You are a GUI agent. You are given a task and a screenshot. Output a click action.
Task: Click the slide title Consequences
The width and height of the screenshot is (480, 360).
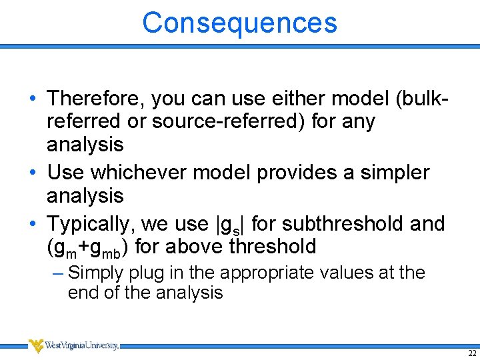pyautogui.click(x=239, y=22)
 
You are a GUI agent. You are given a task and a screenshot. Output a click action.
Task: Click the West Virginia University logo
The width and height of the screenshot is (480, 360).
pyautogui.click(x=73, y=345)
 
